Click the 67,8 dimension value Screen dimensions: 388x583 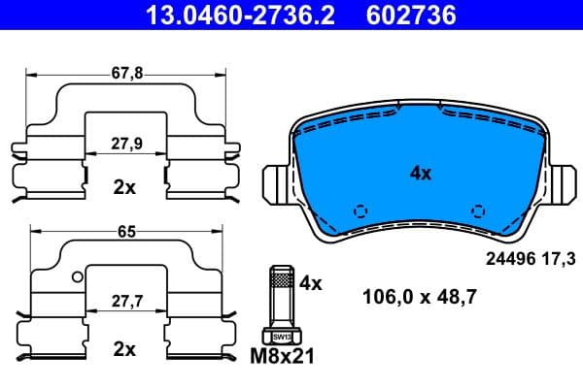123,73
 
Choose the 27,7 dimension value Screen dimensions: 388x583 123,303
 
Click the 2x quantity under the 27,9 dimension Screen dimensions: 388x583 123,187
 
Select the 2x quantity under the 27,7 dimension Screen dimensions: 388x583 123,348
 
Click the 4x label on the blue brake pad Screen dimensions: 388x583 420,175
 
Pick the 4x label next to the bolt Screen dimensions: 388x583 310,283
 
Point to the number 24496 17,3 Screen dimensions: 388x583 530,258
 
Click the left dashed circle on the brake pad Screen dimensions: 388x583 360,211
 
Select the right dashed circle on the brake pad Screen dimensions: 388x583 478,211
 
